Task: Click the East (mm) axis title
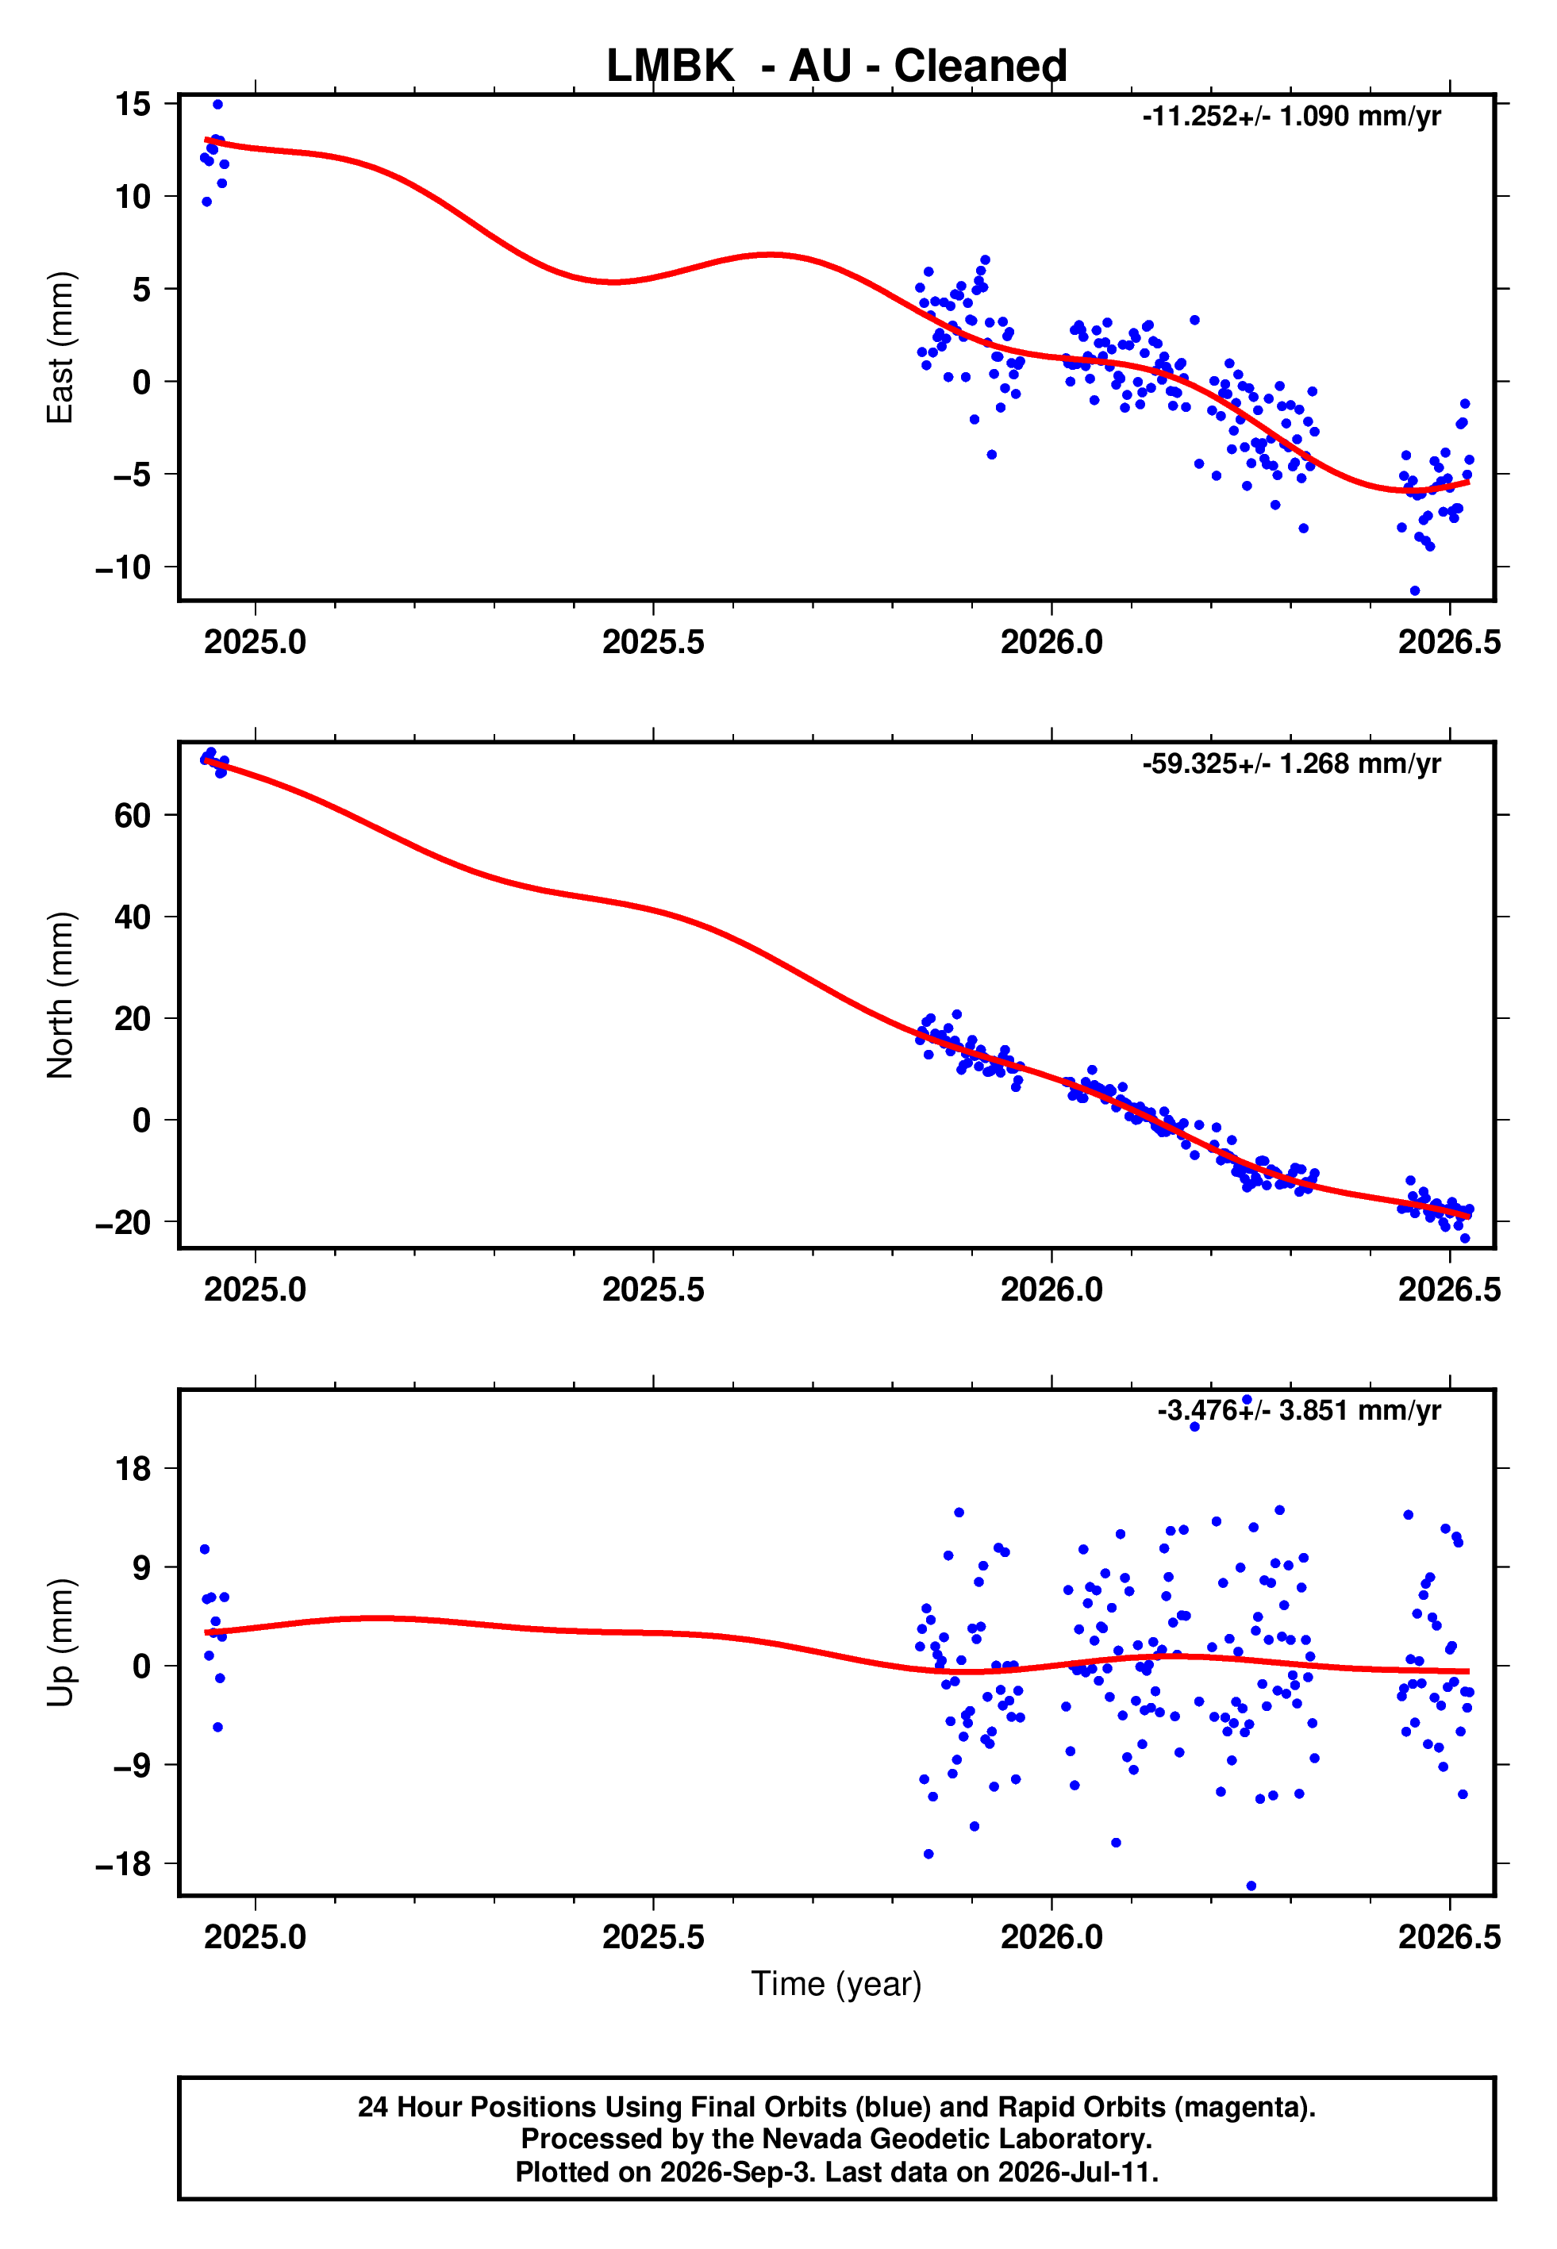(x=60, y=348)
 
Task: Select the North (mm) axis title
(x=60, y=995)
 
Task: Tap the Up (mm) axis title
(x=60, y=1643)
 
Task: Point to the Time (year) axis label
(x=836, y=1985)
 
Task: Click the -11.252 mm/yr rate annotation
(x=1292, y=116)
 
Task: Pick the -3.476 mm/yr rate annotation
(x=1298, y=1410)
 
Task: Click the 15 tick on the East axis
(x=133, y=103)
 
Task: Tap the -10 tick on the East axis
(x=123, y=567)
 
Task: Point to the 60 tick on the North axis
(x=133, y=814)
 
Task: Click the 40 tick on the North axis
(x=133, y=917)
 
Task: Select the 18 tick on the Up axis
(x=133, y=1468)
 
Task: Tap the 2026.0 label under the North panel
(x=1051, y=1290)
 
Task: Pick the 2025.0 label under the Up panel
(x=255, y=1937)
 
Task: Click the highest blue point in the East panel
(x=217, y=104)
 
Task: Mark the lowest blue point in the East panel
(x=1415, y=591)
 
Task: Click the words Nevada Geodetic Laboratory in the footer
(x=956, y=2139)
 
